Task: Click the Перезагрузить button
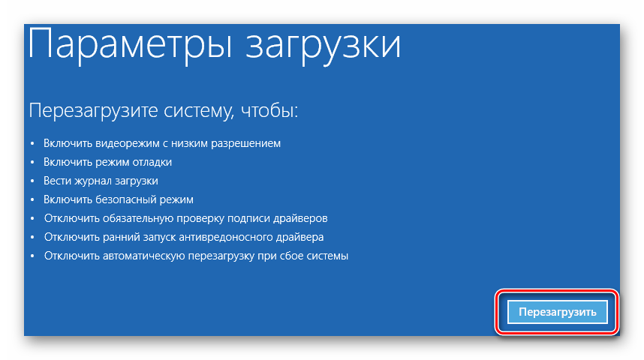pyautogui.click(x=558, y=312)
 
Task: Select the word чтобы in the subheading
pyautogui.click(x=269, y=110)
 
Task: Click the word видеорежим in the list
pyautogui.click(x=128, y=143)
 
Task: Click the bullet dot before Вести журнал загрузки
pyautogui.click(x=32, y=181)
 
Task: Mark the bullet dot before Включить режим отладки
pyautogui.click(x=32, y=163)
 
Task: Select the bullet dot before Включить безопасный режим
pyautogui.click(x=32, y=200)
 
